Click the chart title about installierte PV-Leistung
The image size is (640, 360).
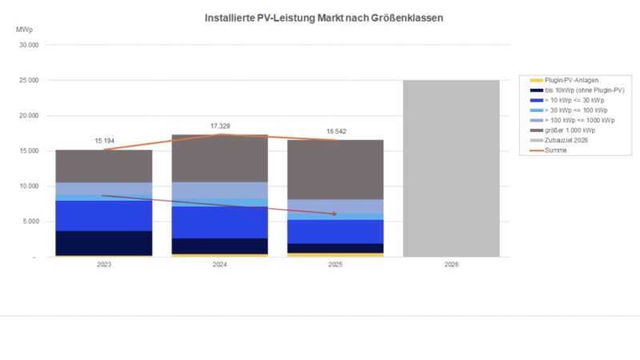coord(322,16)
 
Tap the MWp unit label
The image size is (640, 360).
coord(25,30)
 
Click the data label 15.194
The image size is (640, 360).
coord(103,141)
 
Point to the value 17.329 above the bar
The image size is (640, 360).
coord(219,126)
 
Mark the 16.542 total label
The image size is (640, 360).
coord(335,130)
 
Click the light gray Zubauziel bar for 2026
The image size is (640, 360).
coord(451,168)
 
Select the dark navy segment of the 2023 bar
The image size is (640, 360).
coord(103,242)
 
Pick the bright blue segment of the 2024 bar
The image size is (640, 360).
coord(219,222)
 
